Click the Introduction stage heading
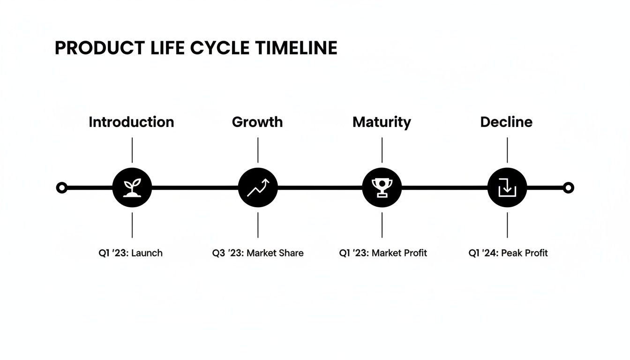(131, 122)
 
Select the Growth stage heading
(257, 122)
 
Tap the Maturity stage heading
(382, 122)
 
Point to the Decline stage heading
(506, 122)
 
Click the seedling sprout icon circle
(132, 188)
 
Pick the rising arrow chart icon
(258, 188)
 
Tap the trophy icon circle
(382, 188)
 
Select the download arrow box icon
(507, 188)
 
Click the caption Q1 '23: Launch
(130, 253)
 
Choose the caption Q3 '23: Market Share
(258, 253)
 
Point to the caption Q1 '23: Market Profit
(383, 253)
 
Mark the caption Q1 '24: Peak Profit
(508, 253)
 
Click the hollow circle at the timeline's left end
(61, 188)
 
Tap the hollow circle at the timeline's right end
(568, 188)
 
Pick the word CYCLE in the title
(220, 48)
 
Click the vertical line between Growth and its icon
(258, 150)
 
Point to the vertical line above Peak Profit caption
(507, 225)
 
